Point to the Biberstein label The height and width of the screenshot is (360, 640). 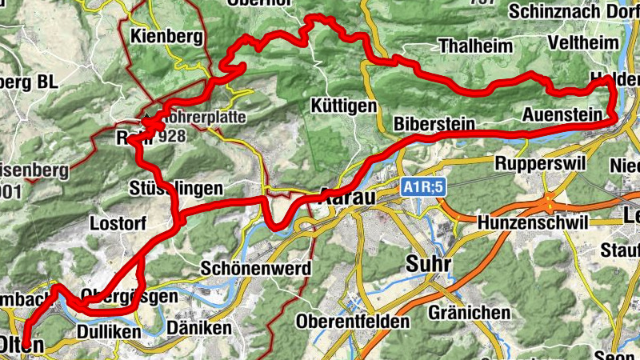[435, 125]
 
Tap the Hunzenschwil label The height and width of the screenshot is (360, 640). [532, 222]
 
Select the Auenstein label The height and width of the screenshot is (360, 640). [562, 115]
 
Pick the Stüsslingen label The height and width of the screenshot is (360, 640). [175, 189]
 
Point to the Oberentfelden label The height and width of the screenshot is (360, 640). [353, 322]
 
